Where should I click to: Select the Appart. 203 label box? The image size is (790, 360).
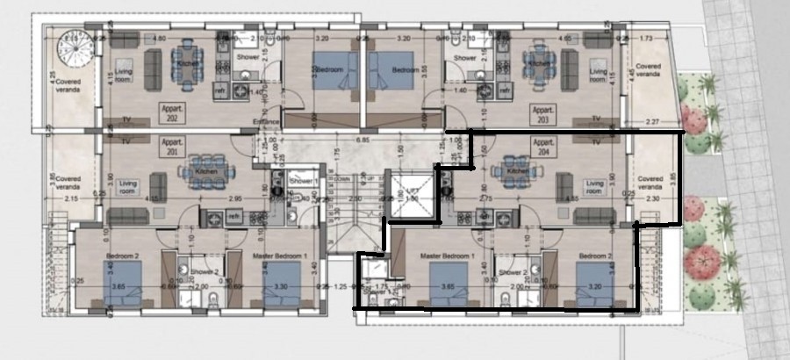pyautogui.click(x=542, y=112)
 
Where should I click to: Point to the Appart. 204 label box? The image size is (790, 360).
pyautogui.click(x=544, y=145)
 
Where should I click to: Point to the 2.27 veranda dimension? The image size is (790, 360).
pyautogui.click(x=651, y=121)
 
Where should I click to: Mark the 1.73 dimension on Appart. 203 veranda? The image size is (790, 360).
pyautogui.click(x=647, y=39)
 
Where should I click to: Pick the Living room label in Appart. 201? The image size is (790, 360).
pyautogui.click(x=127, y=187)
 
